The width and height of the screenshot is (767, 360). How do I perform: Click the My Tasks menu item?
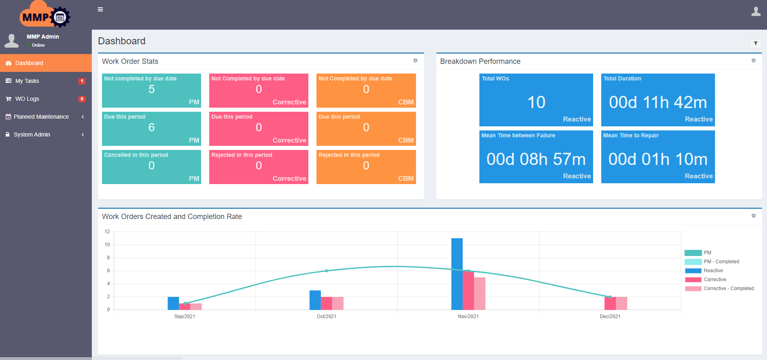(27, 81)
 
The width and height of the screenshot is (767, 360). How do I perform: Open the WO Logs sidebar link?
(27, 99)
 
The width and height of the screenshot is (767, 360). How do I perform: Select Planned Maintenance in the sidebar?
(41, 117)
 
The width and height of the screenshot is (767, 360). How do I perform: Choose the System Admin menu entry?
(32, 134)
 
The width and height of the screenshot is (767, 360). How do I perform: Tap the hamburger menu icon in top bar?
(100, 9)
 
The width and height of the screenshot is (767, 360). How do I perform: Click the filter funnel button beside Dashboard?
(755, 43)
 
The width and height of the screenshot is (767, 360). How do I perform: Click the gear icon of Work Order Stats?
(415, 61)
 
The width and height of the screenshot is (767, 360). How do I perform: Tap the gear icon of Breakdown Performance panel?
(753, 61)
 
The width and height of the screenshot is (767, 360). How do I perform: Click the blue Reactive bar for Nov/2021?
(457, 274)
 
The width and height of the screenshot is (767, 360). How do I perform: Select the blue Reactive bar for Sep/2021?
(173, 303)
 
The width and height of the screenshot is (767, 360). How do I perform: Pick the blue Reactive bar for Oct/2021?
(315, 300)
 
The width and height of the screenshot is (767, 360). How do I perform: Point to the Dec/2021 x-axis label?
(610, 317)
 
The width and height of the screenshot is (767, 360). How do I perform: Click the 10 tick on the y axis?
(107, 245)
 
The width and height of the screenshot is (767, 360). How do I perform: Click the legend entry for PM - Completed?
(721, 262)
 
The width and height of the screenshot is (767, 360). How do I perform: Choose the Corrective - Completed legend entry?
(728, 288)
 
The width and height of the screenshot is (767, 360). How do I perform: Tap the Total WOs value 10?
(536, 102)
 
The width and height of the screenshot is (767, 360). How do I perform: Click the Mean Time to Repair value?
(657, 159)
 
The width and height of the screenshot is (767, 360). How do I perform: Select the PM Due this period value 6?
(151, 128)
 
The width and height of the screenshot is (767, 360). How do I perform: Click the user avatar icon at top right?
(756, 11)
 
